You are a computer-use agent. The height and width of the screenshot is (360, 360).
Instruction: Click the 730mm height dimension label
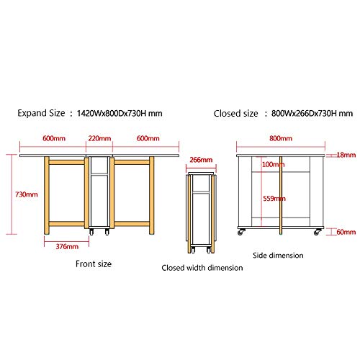(x=27, y=194)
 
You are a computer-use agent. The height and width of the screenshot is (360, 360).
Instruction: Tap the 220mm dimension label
(x=99, y=138)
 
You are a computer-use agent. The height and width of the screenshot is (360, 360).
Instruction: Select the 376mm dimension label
(x=67, y=246)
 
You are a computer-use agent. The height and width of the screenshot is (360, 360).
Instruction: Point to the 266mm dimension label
(x=201, y=160)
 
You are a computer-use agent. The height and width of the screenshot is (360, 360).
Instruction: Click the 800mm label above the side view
(x=281, y=138)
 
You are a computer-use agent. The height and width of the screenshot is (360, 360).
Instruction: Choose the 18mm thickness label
(x=346, y=155)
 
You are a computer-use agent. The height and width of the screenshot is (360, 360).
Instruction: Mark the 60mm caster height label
(x=346, y=232)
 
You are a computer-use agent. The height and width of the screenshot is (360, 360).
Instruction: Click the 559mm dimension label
(x=274, y=199)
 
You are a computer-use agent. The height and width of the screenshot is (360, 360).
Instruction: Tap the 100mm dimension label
(x=273, y=164)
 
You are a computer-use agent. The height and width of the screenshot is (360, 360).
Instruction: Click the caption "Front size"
(x=94, y=264)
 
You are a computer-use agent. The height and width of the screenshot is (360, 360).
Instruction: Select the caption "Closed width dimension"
(x=202, y=268)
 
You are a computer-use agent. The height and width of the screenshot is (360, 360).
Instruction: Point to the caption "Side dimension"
(x=278, y=256)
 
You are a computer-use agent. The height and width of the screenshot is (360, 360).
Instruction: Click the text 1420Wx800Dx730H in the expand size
(x=112, y=113)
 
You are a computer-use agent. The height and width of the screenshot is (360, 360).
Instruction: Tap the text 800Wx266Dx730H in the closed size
(x=304, y=113)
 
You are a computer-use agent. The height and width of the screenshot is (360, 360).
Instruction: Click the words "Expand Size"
(x=41, y=113)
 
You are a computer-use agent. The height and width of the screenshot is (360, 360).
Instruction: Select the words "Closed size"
(x=235, y=114)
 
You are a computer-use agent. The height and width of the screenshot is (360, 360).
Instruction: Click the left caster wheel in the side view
(x=241, y=232)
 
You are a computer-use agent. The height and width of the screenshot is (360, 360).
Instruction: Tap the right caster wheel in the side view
(x=318, y=232)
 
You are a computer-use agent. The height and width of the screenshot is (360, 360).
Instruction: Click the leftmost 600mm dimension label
(x=54, y=138)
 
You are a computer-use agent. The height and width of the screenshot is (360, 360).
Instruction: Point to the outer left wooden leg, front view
(x=47, y=195)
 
